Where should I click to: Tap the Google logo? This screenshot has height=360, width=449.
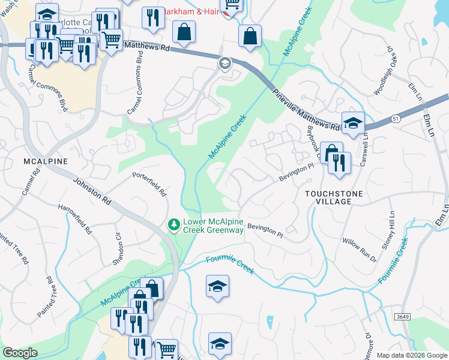(20, 353)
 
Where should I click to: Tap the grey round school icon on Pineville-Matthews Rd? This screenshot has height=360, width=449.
(225, 63)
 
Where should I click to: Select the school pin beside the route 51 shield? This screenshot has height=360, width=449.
(353, 122)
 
